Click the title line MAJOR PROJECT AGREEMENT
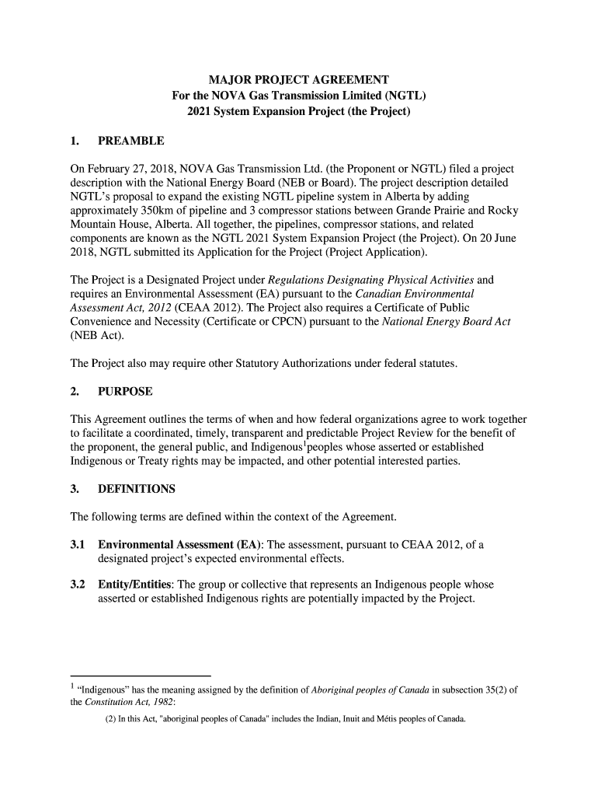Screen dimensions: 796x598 point(298,81)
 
